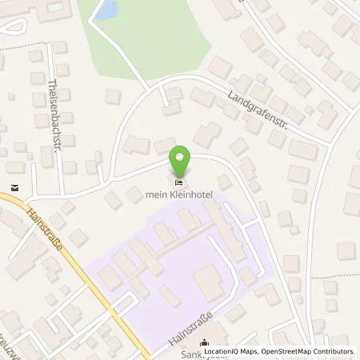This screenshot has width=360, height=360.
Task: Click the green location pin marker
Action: click(182, 158)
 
